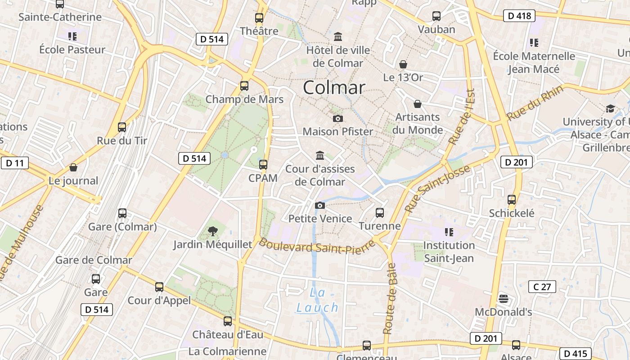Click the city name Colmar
click(x=334, y=87)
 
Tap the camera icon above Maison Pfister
click(x=337, y=118)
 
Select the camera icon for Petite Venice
click(x=320, y=205)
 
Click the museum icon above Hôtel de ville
click(x=338, y=36)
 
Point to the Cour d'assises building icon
click(x=320, y=155)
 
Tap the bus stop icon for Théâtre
click(x=259, y=18)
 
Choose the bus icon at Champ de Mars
click(x=244, y=85)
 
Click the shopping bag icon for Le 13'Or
click(x=403, y=64)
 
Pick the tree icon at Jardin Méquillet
click(x=213, y=231)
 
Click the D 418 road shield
click(x=518, y=16)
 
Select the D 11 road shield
click(x=15, y=163)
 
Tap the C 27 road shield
click(x=542, y=287)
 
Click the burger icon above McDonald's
click(x=504, y=299)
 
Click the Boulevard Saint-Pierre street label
click(x=317, y=246)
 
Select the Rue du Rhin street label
click(x=535, y=103)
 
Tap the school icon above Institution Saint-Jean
click(x=449, y=232)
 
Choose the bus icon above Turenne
click(x=380, y=212)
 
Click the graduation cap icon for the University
click(x=610, y=108)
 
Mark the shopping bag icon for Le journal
click(x=73, y=167)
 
